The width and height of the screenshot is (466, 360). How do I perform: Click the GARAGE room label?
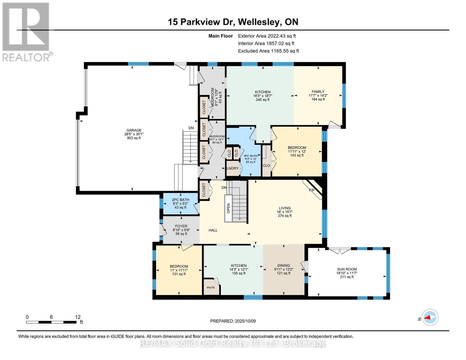pyautogui.click(x=134, y=130)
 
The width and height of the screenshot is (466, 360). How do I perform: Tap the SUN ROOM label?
pyautogui.click(x=347, y=269)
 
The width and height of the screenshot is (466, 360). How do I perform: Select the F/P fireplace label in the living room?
pyautogui.click(x=311, y=190)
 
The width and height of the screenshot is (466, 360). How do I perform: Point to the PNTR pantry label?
pyautogui.click(x=211, y=287)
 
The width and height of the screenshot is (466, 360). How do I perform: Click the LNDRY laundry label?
pyautogui.click(x=233, y=168)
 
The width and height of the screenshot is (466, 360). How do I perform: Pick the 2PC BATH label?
pyautogui.click(x=181, y=199)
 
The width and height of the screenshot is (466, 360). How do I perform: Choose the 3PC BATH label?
pyautogui.click(x=251, y=156)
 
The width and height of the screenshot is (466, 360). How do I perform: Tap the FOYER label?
pyautogui.click(x=181, y=226)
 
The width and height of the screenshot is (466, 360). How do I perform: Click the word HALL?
pyautogui.click(x=213, y=230)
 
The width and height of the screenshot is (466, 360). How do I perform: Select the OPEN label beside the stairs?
pyautogui.click(x=228, y=208)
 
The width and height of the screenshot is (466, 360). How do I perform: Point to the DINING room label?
pyautogui.click(x=284, y=265)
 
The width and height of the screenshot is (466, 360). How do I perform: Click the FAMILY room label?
pyautogui.click(x=318, y=91)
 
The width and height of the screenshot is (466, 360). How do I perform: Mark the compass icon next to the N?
pyautogui.click(x=430, y=317)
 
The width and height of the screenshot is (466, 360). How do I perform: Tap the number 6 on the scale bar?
pyautogui.click(x=51, y=317)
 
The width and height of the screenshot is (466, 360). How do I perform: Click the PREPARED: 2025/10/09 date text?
pyautogui.click(x=233, y=321)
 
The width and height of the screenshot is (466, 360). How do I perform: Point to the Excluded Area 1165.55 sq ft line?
pyautogui.click(x=269, y=51)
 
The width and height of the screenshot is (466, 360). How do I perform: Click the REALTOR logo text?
pyautogui.click(x=26, y=57)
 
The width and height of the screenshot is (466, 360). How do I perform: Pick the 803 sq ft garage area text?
pyautogui.click(x=134, y=138)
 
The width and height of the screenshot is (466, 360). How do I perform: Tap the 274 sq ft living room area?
pyautogui.click(x=285, y=216)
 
